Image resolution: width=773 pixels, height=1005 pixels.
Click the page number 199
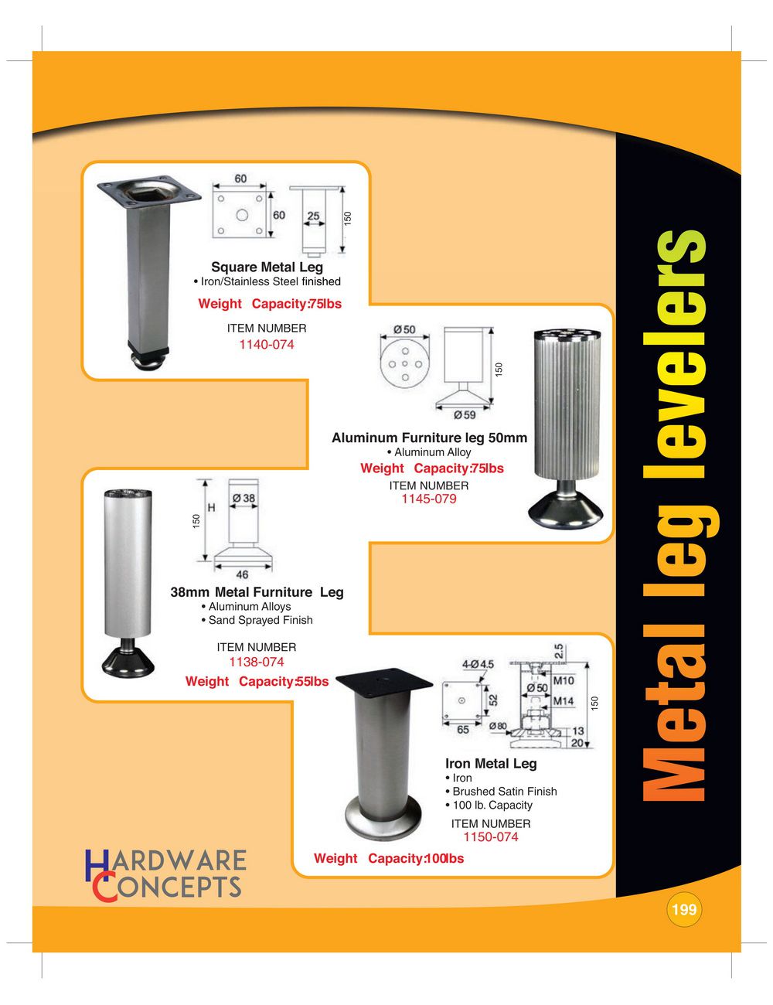pos(684,909)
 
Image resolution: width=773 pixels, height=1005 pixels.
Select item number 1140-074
pos(266,344)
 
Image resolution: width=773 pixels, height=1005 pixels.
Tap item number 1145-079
pos(428,499)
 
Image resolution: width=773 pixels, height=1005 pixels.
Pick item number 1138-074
pos(256,662)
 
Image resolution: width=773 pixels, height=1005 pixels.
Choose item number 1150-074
pos(491,836)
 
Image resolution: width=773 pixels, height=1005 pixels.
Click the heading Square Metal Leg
pos(267,267)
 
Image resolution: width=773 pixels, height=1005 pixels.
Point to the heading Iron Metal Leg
pos(491,763)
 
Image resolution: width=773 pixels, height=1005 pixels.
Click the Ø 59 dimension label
pos(465,414)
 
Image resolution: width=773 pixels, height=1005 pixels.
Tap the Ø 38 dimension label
pos(243,498)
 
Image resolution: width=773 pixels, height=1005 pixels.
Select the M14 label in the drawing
pos(563,700)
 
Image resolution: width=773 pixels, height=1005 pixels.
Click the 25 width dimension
pos(313,216)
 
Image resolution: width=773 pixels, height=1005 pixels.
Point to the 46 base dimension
pos(242,574)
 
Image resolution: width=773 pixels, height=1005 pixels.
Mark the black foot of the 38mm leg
pos(128,660)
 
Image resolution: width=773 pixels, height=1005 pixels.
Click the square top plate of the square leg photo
pos(149,192)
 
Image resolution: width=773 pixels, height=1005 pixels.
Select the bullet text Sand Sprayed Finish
pos(257,620)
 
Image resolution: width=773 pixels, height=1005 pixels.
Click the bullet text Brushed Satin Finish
pos(501,792)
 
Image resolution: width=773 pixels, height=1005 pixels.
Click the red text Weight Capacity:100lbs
pos(388,858)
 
